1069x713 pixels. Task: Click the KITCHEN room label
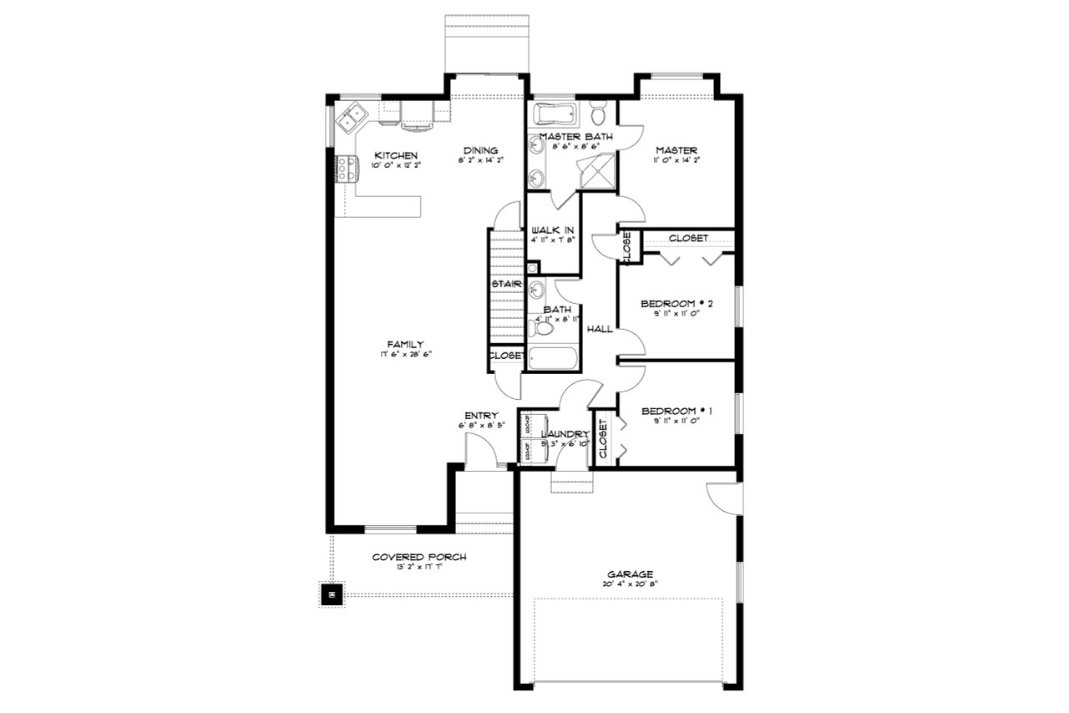[396, 155]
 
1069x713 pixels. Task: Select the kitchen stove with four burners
[342, 169]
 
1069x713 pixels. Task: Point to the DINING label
[481, 150]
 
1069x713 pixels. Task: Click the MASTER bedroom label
[676, 150]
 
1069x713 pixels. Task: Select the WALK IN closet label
[553, 230]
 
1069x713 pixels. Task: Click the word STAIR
[507, 285]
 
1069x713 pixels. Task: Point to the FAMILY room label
[405, 344]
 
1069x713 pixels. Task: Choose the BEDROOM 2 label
[676, 303]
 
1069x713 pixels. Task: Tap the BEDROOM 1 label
[676, 412]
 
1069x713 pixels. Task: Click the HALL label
[600, 329]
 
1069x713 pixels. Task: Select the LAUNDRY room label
[565, 434]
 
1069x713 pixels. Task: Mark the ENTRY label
[482, 416]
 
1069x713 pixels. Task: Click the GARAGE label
[631, 574]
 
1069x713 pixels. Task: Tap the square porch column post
[332, 594]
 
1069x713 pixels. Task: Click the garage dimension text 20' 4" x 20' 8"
[631, 584]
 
